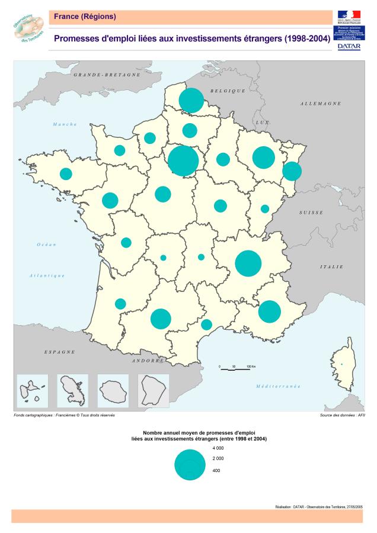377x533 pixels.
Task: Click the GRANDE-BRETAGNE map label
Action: [107, 75]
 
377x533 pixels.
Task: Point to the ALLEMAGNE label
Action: [320, 104]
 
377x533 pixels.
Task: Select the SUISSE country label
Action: [311, 212]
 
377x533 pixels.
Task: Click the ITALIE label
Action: [331, 267]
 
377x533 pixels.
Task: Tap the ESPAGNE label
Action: [59, 352]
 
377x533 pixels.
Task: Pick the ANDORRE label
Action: [148, 360]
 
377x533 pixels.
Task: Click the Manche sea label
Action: [65, 124]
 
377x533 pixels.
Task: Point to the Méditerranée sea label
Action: [278, 386]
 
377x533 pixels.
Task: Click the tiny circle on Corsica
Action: [341, 364]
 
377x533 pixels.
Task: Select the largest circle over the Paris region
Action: [183, 160]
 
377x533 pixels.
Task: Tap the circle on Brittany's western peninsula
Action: [66, 174]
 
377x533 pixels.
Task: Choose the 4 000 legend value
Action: [218, 448]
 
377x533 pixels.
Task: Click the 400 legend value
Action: [216, 471]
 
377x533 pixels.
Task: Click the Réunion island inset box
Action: [113, 391]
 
